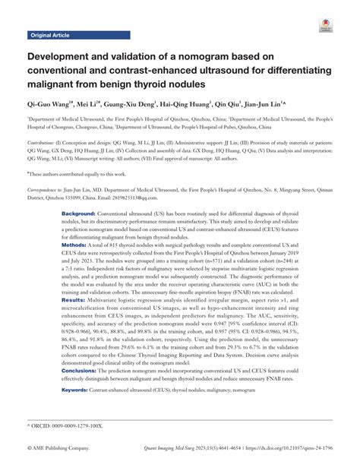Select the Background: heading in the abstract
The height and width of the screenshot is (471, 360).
[x=80, y=216]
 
